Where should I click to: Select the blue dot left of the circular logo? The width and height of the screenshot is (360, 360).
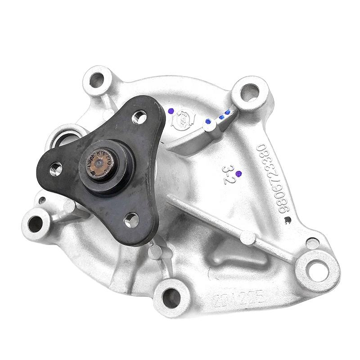point(170,111)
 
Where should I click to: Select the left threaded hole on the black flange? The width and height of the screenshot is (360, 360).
point(57,169)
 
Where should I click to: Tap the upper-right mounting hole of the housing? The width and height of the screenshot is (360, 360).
point(249,92)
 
